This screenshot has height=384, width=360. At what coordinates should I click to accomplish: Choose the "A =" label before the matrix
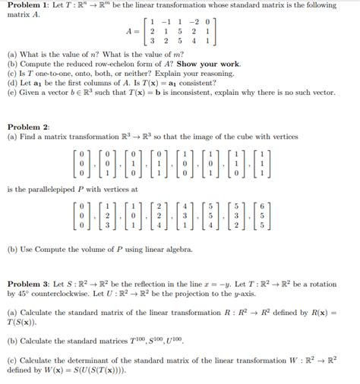click(134, 33)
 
